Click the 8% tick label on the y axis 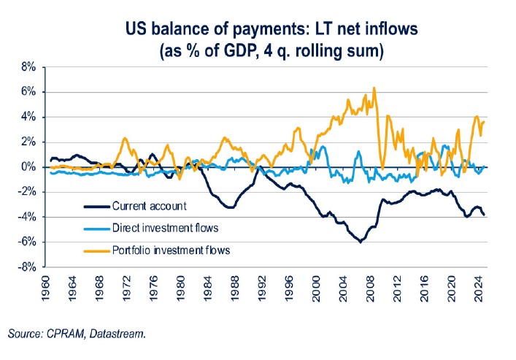[x=27, y=66]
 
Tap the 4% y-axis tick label [x=27, y=117]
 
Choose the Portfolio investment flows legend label [x=172, y=250]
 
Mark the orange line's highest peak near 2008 [x=374, y=88]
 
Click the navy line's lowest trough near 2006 [x=360, y=242]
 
